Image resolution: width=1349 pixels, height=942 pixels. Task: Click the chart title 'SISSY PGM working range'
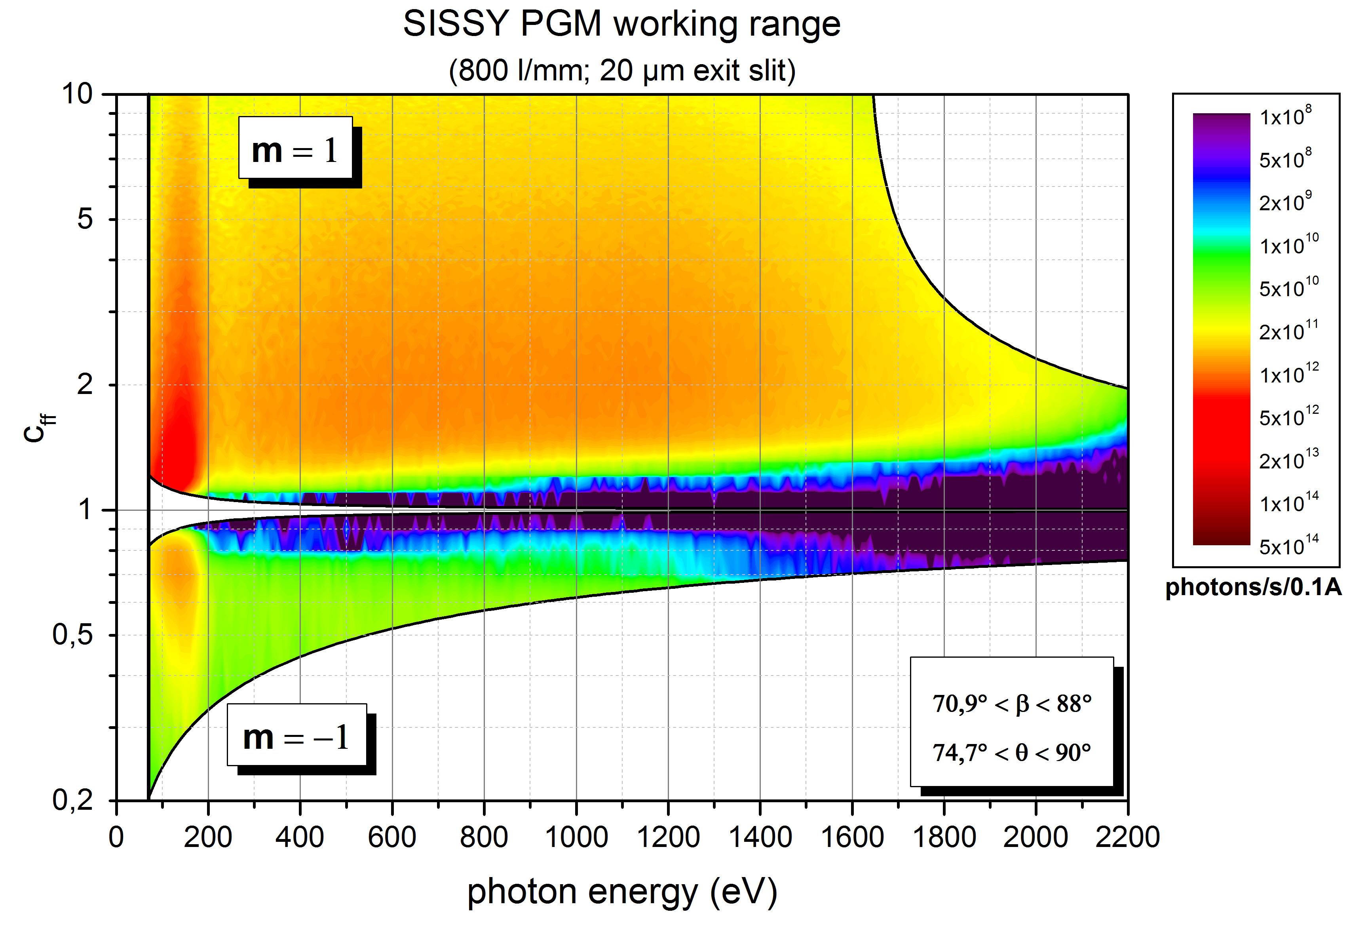click(621, 25)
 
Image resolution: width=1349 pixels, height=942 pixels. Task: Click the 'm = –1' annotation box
click(297, 736)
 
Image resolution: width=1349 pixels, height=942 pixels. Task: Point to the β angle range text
click(1012, 703)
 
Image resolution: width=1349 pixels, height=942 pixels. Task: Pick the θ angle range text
click(1012, 752)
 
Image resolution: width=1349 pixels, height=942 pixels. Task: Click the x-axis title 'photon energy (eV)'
click(621, 892)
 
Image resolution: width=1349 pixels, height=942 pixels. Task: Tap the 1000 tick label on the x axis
click(576, 837)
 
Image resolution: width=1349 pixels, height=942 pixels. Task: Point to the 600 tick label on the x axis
click(392, 837)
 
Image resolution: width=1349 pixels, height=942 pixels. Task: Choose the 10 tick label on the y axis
click(78, 94)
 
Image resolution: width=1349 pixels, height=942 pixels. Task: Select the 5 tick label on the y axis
click(85, 219)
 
